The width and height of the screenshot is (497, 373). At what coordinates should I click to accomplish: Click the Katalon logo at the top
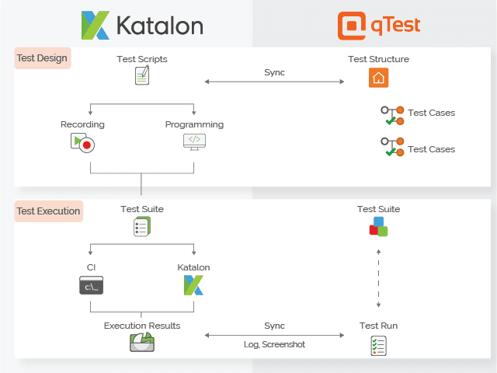(142, 25)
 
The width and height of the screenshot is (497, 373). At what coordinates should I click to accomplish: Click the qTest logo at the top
(379, 25)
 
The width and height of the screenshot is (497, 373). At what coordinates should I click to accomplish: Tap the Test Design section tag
(43, 58)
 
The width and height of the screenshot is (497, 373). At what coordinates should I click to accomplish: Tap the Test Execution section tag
(49, 211)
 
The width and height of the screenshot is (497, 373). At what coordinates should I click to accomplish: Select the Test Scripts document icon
(142, 75)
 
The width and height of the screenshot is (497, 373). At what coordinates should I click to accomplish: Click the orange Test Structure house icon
(378, 78)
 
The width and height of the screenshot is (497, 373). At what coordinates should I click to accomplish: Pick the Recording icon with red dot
(82, 142)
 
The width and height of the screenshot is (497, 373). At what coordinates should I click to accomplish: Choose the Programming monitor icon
(194, 141)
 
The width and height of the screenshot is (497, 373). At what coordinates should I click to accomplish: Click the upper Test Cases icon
(392, 115)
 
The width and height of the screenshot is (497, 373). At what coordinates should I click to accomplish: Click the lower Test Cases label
(431, 149)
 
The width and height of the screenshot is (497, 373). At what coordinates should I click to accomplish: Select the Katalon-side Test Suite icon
(142, 227)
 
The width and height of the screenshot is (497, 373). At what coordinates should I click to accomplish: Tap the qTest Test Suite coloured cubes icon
(378, 227)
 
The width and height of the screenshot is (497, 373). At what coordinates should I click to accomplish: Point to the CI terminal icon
(92, 286)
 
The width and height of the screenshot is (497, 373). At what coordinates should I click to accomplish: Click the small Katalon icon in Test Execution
(193, 285)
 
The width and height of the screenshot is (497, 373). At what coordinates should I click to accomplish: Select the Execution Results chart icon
(142, 343)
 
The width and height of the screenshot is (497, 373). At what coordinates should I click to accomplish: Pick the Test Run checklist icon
(379, 345)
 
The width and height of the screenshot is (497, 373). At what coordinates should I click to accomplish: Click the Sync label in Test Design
(274, 72)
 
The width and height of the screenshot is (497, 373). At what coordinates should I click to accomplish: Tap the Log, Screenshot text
(274, 344)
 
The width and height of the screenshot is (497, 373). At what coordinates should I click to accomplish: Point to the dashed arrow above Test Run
(379, 280)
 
